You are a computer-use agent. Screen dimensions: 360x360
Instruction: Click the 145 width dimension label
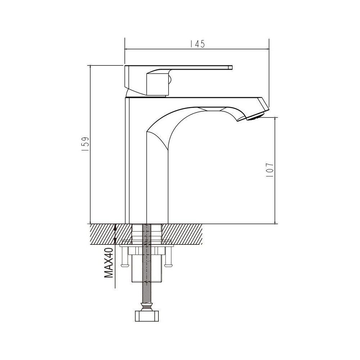pos(197,44)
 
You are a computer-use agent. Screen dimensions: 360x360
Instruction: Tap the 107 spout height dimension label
pos(270,170)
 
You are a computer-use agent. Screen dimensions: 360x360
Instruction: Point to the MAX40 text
pos(109,263)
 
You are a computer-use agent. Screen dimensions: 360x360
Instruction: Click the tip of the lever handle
pos(230,67)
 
